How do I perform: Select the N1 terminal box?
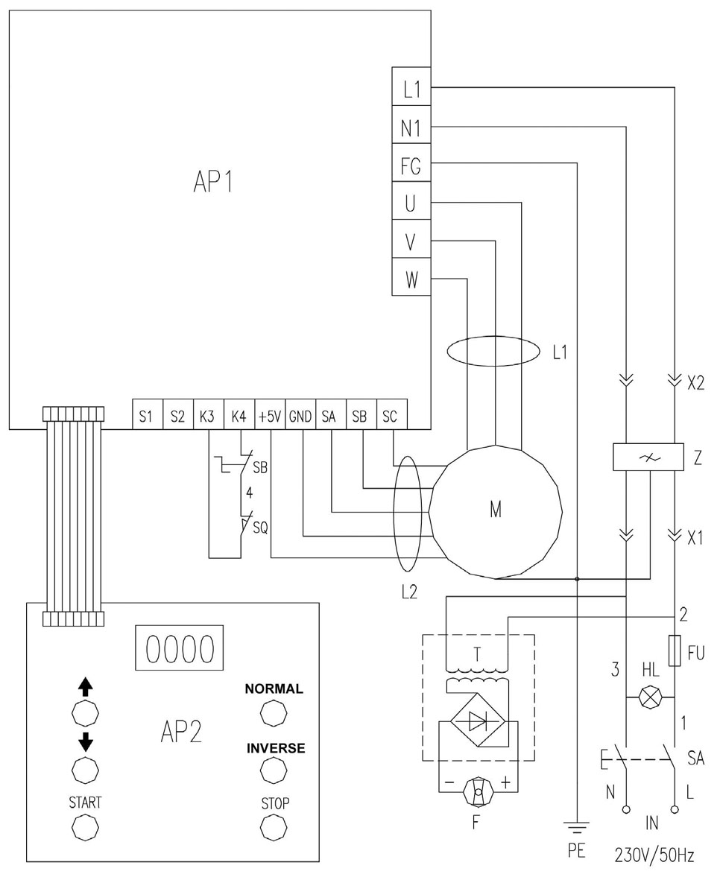tap(411, 125)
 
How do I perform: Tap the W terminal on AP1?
tap(411, 276)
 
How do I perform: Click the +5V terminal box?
tap(270, 415)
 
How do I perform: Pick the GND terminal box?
tap(300, 415)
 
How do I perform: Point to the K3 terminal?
tap(208, 415)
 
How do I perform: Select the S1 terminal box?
tap(147, 415)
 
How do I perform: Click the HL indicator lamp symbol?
tap(651, 697)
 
